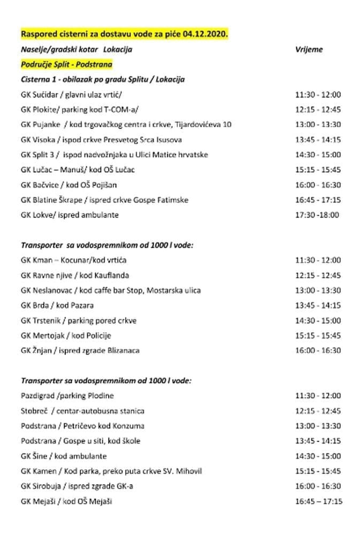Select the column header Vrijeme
point(309,49)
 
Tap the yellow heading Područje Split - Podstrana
point(66,64)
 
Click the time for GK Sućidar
point(318,95)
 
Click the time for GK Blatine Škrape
point(318,200)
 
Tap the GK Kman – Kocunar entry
point(73,260)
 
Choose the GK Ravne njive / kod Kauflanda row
point(74,276)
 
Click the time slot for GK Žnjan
point(318,350)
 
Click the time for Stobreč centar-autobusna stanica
point(318,411)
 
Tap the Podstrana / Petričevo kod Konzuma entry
point(82,426)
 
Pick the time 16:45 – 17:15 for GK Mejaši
point(318,501)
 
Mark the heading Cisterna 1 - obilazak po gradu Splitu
point(103,79)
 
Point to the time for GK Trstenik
point(318,320)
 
